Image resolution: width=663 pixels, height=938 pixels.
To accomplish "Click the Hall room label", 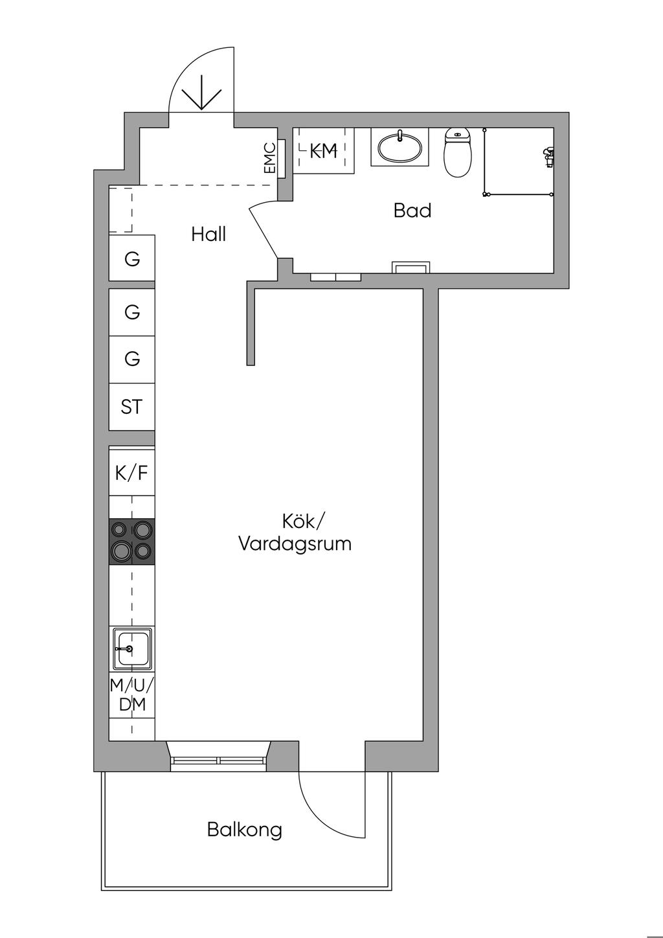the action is pyautogui.click(x=208, y=234).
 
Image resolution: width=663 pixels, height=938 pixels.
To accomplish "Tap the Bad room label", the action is pyautogui.click(x=412, y=211).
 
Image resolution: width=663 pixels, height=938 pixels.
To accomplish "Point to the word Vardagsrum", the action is pyautogui.click(x=295, y=544).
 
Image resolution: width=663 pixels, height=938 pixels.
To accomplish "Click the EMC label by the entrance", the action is pyautogui.click(x=270, y=158).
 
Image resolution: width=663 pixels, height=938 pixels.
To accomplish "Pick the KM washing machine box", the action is pyautogui.click(x=324, y=151).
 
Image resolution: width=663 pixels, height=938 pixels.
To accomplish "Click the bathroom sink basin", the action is pyautogui.click(x=399, y=148).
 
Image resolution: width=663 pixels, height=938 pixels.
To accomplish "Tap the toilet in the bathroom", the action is pyautogui.click(x=458, y=152).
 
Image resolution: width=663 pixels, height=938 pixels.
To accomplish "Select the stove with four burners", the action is pyautogui.click(x=132, y=542).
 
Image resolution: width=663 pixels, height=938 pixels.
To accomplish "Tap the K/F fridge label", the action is pyautogui.click(x=131, y=474).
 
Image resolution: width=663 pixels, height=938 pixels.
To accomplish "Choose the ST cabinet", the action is pyautogui.click(x=132, y=407).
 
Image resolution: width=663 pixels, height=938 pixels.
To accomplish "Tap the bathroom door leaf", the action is pyautogui.click(x=264, y=233).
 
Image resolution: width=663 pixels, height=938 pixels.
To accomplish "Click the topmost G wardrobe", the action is pyautogui.click(x=132, y=258).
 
